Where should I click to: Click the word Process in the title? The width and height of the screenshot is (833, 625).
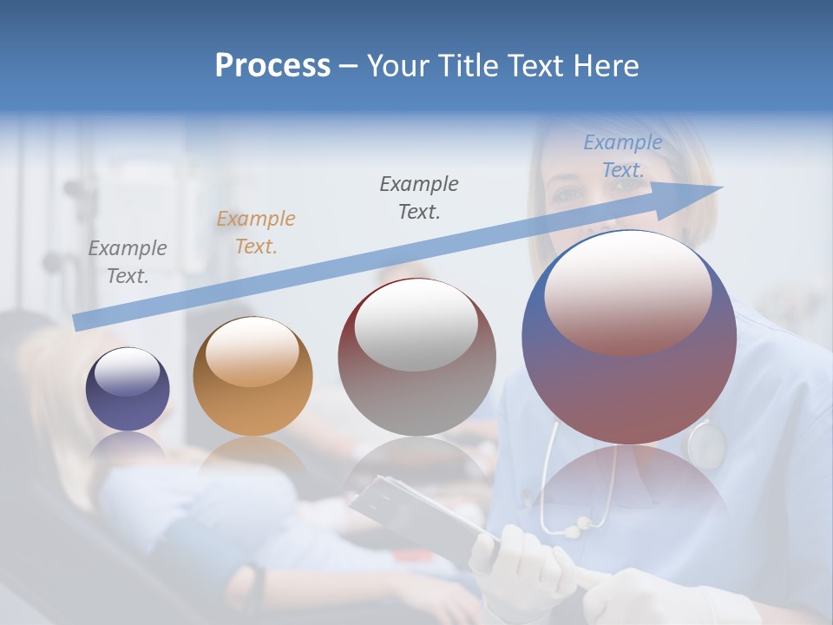tap(272, 66)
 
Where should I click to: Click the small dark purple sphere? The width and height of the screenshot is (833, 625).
tap(128, 389)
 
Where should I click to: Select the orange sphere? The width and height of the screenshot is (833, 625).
tap(253, 376)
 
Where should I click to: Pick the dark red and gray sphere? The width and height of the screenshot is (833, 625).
tap(416, 357)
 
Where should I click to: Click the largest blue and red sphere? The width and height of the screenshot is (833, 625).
tap(629, 337)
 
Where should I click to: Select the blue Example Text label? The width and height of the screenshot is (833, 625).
tap(623, 156)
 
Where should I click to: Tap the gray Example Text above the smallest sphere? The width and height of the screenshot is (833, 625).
tap(128, 262)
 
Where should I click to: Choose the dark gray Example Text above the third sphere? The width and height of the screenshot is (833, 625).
tap(419, 198)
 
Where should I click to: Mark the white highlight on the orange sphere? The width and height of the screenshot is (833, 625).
tap(252, 352)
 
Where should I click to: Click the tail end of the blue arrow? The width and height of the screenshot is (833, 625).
tap(78, 322)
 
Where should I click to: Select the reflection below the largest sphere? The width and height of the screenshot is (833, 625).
tap(629, 486)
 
